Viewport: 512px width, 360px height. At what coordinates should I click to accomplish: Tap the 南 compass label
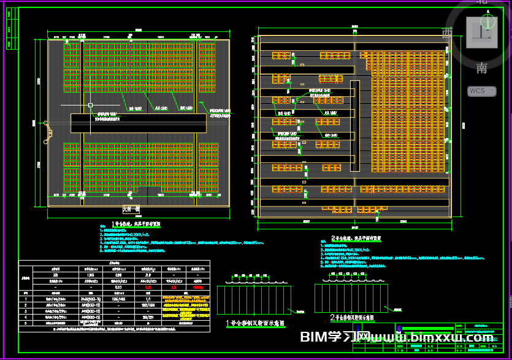point(482,67)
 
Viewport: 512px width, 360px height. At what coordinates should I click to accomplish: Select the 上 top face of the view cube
point(481,32)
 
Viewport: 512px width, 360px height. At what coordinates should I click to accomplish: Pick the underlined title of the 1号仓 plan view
point(137,224)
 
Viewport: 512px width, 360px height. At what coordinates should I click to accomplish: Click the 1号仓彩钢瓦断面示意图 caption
point(253,323)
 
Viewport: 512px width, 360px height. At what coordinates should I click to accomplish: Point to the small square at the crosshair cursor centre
point(90,105)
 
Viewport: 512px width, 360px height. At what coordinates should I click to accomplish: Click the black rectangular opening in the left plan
point(139,123)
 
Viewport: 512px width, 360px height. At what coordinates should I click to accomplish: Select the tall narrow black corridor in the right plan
point(354,125)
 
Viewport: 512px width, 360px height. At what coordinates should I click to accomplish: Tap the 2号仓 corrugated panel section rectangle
point(351,296)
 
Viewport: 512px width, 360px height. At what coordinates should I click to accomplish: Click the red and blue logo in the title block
point(399,328)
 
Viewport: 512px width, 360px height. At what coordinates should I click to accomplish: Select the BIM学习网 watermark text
point(335,338)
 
